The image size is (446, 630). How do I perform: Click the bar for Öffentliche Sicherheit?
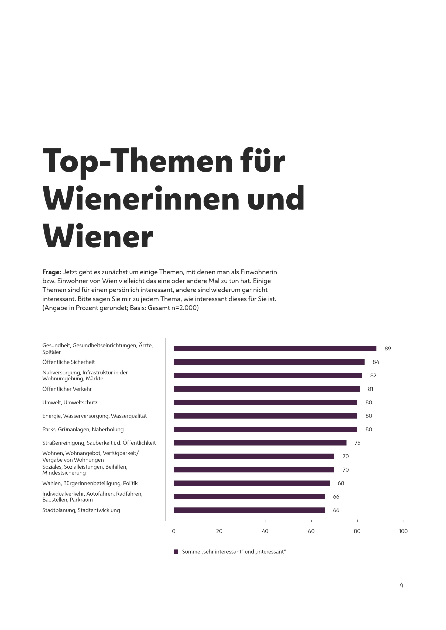click(x=269, y=362)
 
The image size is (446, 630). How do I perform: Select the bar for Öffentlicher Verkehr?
click(x=266, y=389)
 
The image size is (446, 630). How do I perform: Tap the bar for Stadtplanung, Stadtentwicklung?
click(x=249, y=510)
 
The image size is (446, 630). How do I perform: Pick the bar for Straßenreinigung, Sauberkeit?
click(x=260, y=443)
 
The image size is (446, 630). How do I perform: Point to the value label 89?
click(x=387, y=349)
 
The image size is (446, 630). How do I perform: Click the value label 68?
click(x=341, y=483)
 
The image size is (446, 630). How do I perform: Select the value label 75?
click(x=357, y=443)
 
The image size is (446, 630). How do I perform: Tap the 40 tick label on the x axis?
click(x=265, y=531)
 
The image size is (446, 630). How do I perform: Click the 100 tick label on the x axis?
click(x=403, y=531)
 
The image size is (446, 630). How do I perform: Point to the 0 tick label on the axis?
click(x=174, y=531)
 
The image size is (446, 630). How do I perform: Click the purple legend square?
click(x=176, y=552)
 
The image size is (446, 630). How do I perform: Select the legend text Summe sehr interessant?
click(x=234, y=552)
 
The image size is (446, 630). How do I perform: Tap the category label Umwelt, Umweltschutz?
click(x=70, y=402)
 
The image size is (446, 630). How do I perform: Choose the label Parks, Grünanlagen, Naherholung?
click(x=83, y=429)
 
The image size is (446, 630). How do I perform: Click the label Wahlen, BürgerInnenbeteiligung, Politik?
click(x=90, y=483)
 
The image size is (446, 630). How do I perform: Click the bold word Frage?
click(x=52, y=272)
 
